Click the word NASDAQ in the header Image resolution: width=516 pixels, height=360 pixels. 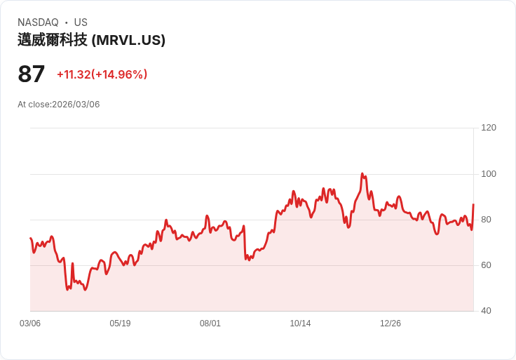(x=38, y=22)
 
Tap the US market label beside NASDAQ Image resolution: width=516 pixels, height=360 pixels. (x=81, y=22)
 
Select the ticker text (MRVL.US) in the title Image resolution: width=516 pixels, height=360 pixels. (x=128, y=40)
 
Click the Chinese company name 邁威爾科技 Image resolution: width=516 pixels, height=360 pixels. (x=53, y=40)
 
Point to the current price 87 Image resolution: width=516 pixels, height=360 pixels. (x=32, y=74)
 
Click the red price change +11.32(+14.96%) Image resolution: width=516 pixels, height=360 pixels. (x=102, y=74)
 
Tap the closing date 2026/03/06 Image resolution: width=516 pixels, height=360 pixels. (x=76, y=105)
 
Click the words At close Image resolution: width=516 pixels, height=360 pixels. (x=33, y=105)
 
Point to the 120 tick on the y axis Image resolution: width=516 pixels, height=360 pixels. (x=489, y=128)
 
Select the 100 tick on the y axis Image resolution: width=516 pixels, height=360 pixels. (x=489, y=174)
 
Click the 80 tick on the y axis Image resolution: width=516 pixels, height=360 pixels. (x=486, y=220)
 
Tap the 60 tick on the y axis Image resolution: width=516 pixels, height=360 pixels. (x=486, y=265)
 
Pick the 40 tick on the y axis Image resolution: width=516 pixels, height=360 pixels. (x=486, y=311)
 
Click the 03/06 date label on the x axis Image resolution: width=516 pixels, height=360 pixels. (x=30, y=324)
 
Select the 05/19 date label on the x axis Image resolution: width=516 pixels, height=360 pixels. (x=120, y=324)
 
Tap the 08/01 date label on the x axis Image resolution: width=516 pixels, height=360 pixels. (x=210, y=324)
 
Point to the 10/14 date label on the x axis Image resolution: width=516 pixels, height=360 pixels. (x=300, y=324)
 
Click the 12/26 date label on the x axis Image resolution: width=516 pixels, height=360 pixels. (x=391, y=324)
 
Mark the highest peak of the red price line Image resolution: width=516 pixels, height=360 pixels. (x=362, y=173)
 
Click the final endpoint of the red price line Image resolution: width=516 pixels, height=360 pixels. (x=473, y=204)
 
